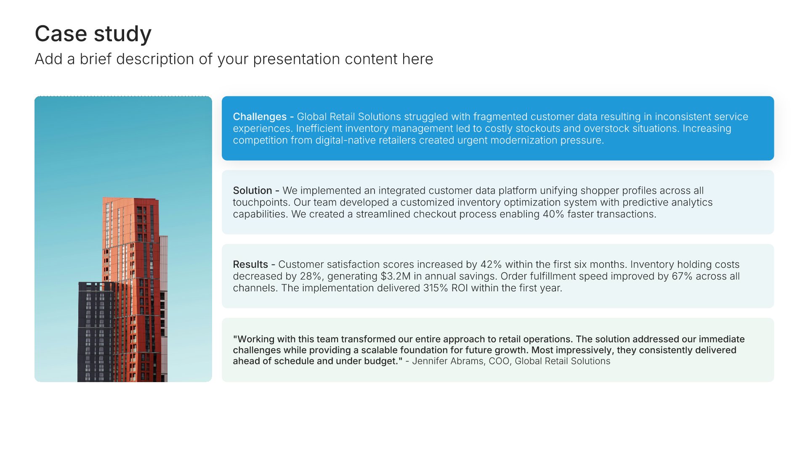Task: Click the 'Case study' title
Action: coord(93,34)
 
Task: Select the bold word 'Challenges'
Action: coord(260,117)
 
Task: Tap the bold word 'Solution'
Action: coord(252,190)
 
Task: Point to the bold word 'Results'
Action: coord(250,264)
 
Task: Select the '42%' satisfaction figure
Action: coord(491,264)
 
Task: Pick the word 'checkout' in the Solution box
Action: coord(375,214)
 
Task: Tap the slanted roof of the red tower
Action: coord(131,199)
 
